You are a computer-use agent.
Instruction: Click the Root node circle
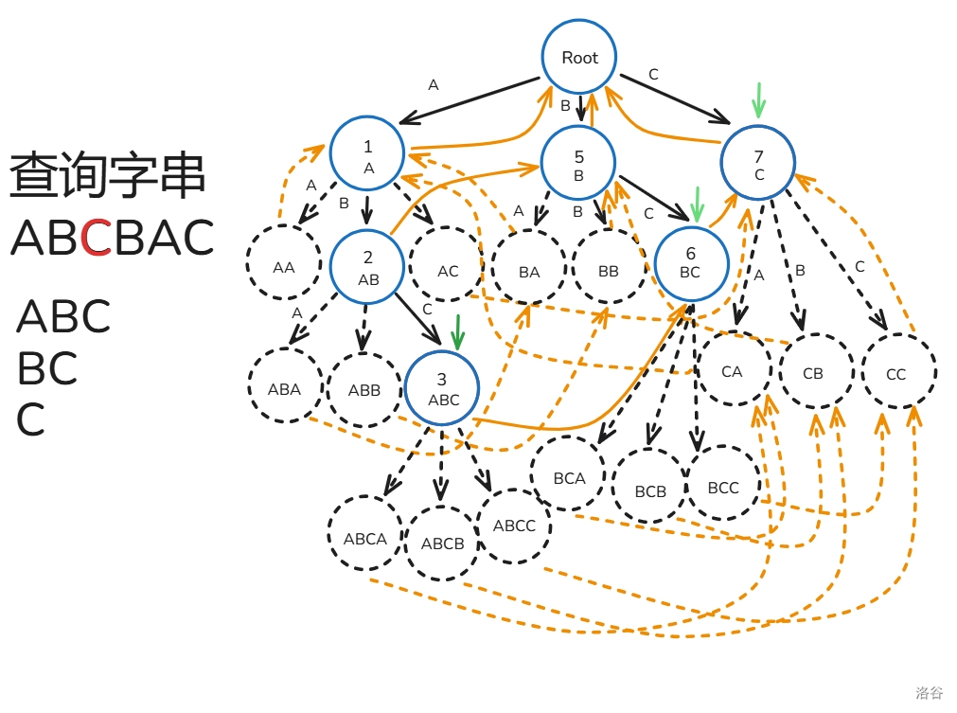pyautogui.click(x=579, y=57)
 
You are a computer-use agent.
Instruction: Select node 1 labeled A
pyautogui.click(x=367, y=154)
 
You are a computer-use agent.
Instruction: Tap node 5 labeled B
pyautogui.click(x=578, y=164)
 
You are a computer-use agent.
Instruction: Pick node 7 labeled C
pyautogui.click(x=758, y=163)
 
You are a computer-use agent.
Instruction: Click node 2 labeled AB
pyautogui.click(x=367, y=267)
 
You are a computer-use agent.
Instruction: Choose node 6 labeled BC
pyautogui.click(x=691, y=261)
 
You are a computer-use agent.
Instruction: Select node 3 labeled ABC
pyautogui.click(x=442, y=388)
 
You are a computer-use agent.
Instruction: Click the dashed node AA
pyautogui.click(x=283, y=267)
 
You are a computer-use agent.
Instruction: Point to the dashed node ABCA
pyautogui.click(x=365, y=539)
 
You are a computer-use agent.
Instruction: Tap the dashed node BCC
pyautogui.click(x=723, y=488)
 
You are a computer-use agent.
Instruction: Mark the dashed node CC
pyautogui.click(x=896, y=373)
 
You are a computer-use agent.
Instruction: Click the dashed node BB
pyautogui.click(x=609, y=271)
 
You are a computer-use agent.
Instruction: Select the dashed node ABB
pyautogui.click(x=363, y=389)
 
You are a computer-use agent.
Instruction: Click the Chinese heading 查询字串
pyautogui.click(x=107, y=176)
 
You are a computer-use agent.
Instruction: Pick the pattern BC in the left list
pyautogui.click(x=46, y=367)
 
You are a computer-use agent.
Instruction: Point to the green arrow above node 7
pyautogui.click(x=757, y=99)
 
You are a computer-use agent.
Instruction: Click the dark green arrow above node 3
pyautogui.click(x=458, y=332)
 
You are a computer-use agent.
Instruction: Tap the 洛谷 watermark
pyautogui.click(x=929, y=693)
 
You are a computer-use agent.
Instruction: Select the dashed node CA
pyautogui.click(x=732, y=371)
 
